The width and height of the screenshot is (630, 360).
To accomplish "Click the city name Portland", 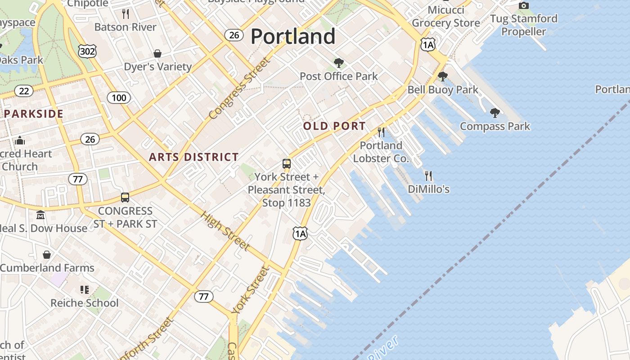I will click(293, 36).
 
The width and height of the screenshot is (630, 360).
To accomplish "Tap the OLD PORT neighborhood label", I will click(334, 126).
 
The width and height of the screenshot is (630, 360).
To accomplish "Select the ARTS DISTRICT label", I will click(193, 157).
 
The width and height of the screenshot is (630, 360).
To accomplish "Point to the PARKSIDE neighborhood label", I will click(34, 114).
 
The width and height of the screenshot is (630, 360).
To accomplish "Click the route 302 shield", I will click(87, 51).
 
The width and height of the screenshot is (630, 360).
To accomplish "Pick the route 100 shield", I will click(119, 98).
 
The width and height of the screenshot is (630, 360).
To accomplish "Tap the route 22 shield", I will click(23, 91).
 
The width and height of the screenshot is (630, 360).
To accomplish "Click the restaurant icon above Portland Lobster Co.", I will click(381, 132).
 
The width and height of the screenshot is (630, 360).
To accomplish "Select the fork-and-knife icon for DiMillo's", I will click(428, 175).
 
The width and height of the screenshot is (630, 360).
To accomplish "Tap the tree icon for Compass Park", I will click(495, 112).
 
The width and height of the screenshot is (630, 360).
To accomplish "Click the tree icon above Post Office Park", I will click(338, 63).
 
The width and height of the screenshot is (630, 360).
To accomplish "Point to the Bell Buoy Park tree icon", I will click(443, 76).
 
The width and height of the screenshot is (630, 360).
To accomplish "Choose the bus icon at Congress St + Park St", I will click(125, 197).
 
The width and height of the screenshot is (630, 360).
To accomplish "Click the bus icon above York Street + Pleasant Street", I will click(287, 163).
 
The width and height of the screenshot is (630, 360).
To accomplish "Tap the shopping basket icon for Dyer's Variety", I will click(157, 54).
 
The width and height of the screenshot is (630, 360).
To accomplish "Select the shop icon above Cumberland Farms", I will click(47, 255).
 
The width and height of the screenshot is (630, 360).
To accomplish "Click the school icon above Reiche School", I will click(84, 289).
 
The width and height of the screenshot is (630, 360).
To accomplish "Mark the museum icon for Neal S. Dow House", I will click(40, 215).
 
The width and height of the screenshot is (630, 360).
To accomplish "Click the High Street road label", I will click(225, 231).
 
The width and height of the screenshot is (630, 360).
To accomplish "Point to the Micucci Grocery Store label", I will click(446, 16).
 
